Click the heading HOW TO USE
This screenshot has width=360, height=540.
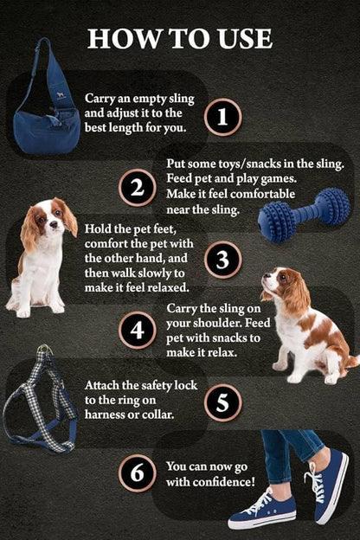pos(180,37)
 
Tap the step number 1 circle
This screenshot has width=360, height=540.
pos(222,116)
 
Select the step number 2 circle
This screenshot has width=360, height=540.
pos(137,188)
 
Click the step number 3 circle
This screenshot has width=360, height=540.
pos(222,260)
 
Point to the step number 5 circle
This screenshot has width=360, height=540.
pos(222,402)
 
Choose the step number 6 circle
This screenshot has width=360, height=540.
pos(137,474)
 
